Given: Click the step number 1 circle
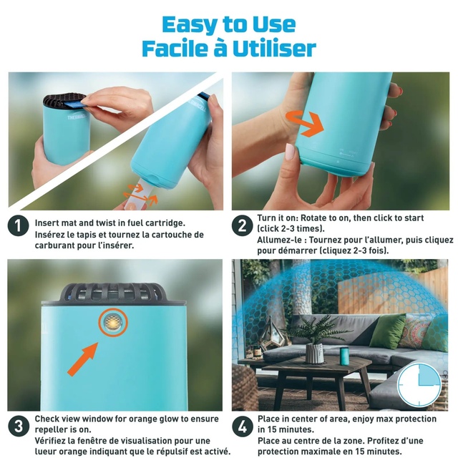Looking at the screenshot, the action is pyautogui.click(x=18, y=226).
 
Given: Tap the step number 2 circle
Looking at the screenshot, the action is pyautogui.click(x=242, y=225).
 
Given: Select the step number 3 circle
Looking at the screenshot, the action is pyautogui.click(x=19, y=427).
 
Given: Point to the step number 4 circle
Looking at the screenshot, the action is pyautogui.click(x=243, y=427).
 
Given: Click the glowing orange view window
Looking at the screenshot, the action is pyautogui.click(x=113, y=322).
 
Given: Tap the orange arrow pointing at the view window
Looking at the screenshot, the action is pyautogui.click(x=83, y=359).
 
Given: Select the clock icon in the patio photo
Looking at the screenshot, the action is pyautogui.click(x=419, y=385).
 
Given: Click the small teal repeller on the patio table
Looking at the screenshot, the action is pyautogui.click(x=345, y=356).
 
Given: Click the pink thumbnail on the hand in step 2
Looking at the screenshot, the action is pyautogui.click(x=289, y=152).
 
